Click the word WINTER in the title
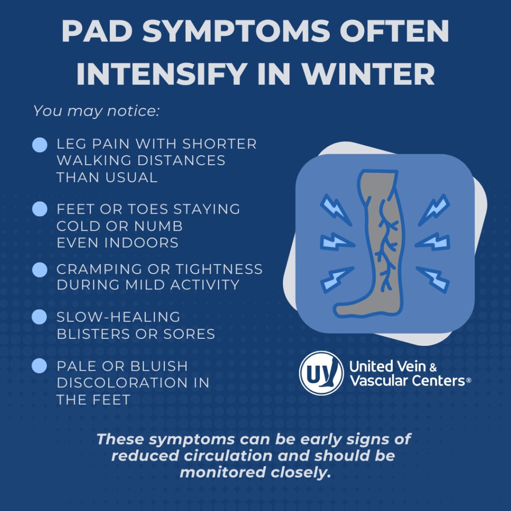click(368, 74)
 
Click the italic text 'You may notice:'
click(96, 111)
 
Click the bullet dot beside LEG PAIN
click(40, 145)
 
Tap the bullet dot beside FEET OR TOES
click(40, 209)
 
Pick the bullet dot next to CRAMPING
click(40, 270)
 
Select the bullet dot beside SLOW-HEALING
click(39, 317)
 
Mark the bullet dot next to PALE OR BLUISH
click(39, 366)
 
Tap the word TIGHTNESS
click(219, 269)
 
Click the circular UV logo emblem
click(321, 373)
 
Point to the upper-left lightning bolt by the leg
click(335, 210)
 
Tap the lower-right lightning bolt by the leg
click(433, 279)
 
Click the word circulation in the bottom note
click(228, 456)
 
